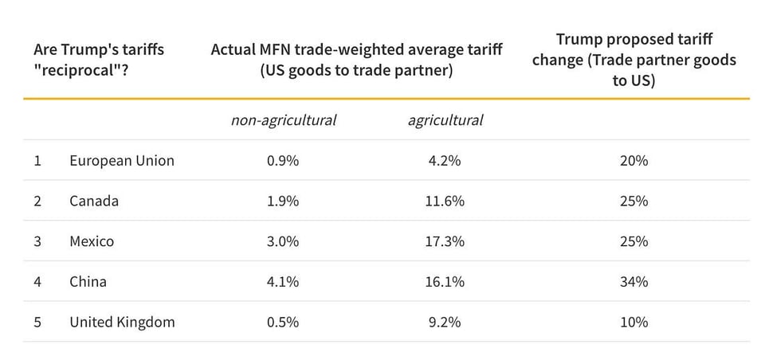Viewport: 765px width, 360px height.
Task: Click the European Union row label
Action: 121,161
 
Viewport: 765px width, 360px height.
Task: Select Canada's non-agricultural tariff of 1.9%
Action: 284,201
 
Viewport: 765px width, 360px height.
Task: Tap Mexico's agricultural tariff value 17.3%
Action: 445,241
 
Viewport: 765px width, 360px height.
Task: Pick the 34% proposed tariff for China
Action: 634,282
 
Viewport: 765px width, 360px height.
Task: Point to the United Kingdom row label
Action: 121,323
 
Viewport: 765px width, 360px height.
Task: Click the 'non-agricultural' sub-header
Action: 284,120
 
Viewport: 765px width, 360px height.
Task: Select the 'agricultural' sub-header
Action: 445,120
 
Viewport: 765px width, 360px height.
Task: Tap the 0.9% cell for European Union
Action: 284,161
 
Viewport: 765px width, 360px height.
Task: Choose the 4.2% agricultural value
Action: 445,161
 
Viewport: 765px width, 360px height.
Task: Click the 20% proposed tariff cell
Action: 634,161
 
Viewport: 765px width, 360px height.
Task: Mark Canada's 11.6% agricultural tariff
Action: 445,201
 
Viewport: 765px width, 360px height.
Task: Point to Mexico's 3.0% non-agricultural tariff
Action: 284,241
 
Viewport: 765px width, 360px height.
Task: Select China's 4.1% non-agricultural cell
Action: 284,282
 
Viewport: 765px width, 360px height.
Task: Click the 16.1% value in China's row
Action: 445,282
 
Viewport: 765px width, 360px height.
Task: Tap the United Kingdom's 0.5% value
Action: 284,323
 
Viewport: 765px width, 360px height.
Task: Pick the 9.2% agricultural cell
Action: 445,323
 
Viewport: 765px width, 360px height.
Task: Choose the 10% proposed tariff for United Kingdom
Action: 634,323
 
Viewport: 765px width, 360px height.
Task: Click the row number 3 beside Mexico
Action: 37,241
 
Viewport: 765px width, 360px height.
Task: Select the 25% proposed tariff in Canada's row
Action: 634,201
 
